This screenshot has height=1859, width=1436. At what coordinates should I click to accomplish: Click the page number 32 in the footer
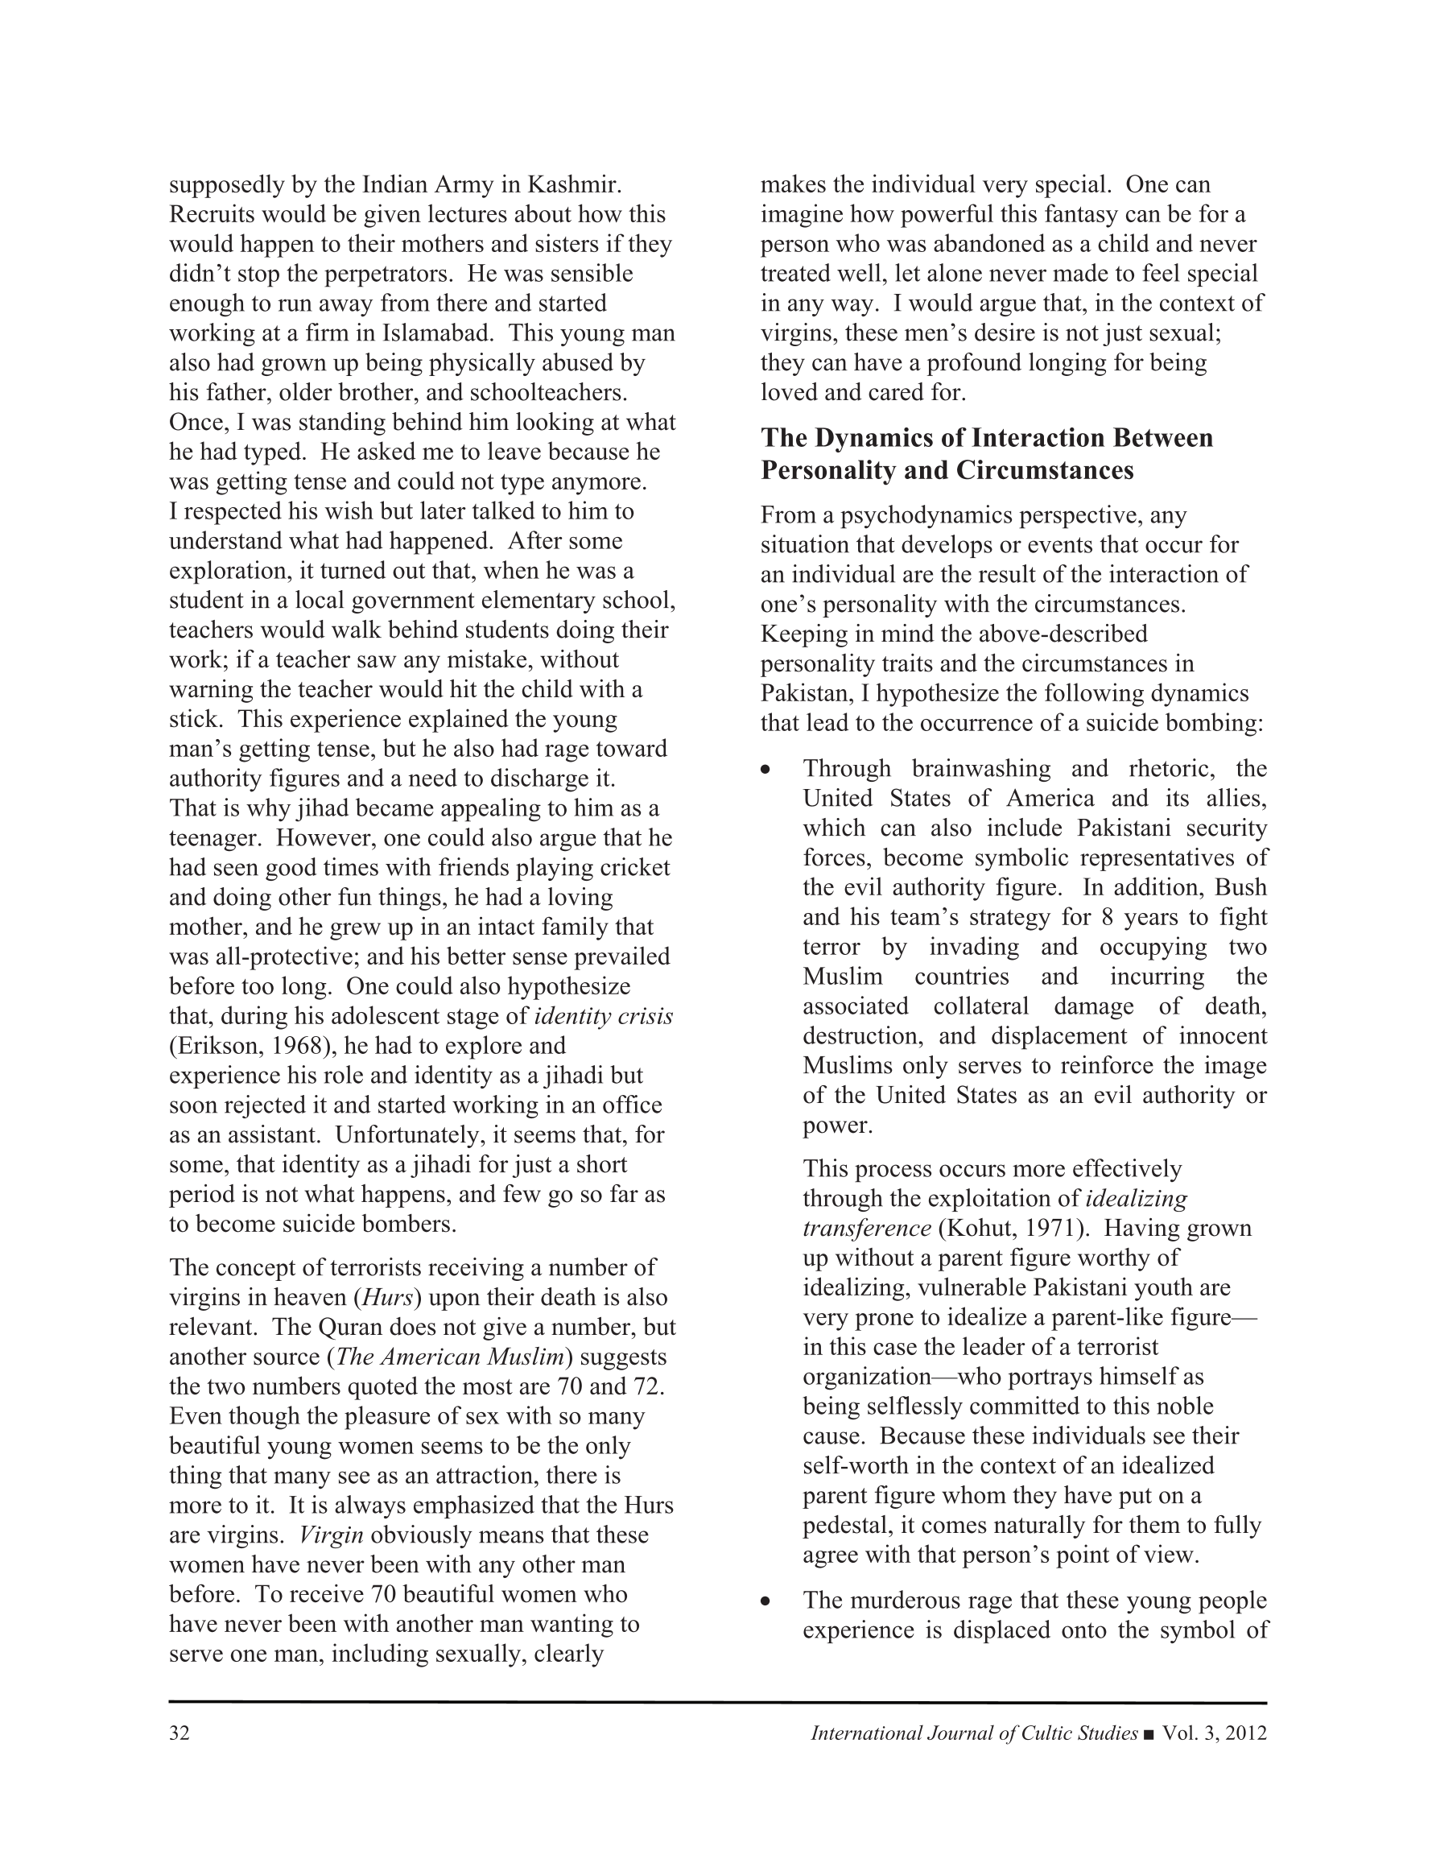[179, 1733]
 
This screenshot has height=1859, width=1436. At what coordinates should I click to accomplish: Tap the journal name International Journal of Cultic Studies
[974, 1733]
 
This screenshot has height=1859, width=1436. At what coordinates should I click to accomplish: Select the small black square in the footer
[1150, 1734]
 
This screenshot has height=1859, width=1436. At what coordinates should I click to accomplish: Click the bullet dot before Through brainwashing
[766, 770]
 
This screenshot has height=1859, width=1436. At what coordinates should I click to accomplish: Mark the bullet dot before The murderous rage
[766, 1601]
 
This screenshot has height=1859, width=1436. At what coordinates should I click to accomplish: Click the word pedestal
[854, 1525]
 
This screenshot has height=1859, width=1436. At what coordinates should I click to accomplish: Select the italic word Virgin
[332, 1535]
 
